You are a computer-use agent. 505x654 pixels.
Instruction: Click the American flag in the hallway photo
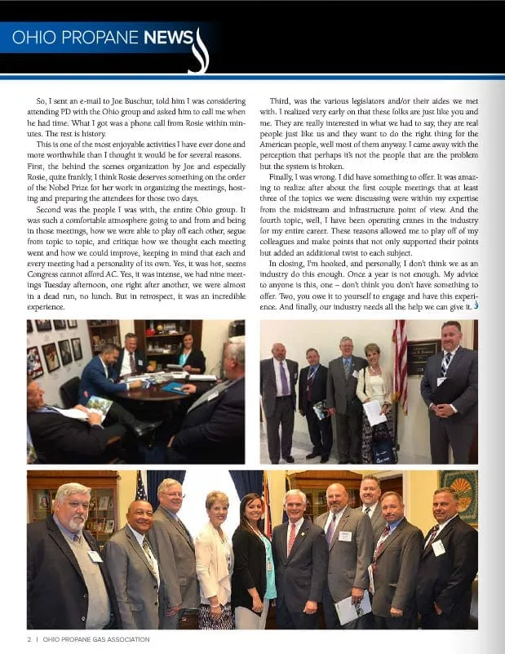[x=401, y=359]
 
